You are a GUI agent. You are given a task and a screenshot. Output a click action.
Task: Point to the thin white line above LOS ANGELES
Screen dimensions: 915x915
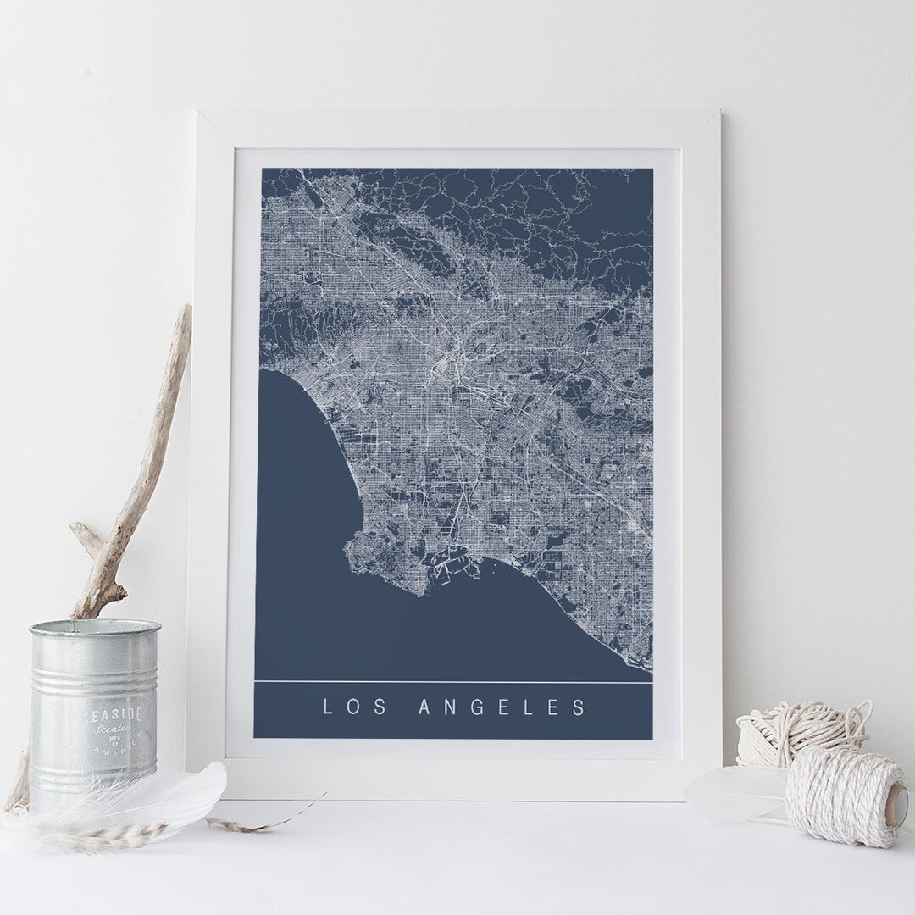tap(453, 680)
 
